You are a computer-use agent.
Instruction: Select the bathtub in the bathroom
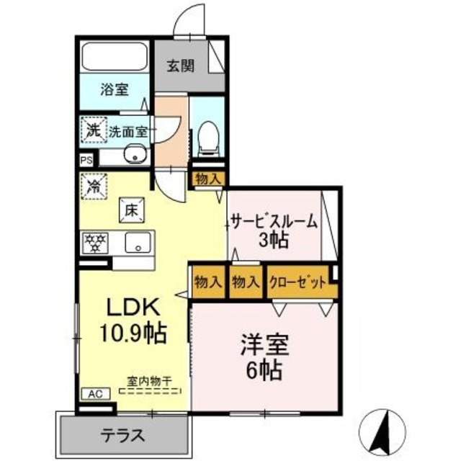tap(114, 57)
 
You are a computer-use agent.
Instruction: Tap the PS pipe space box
tap(86, 161)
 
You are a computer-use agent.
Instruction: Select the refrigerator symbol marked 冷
tap(94, 185)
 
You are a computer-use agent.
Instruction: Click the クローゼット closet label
tap(297, 282)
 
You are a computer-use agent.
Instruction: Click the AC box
tap(94, 393)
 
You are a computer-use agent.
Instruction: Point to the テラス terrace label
tap(123, 435)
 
